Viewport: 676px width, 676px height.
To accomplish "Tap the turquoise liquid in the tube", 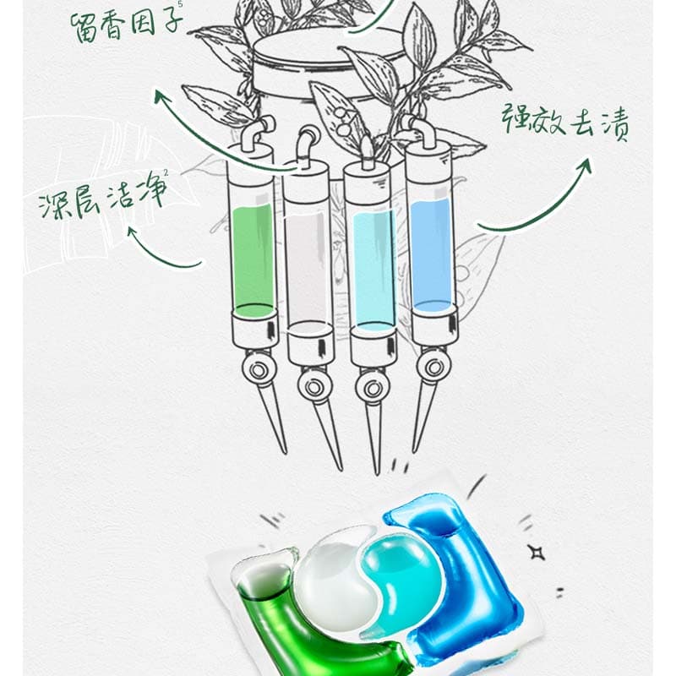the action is (373, 270).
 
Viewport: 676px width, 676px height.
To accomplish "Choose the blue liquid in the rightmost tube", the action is (433, 254).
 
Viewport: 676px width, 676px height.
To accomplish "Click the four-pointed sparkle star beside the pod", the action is (537, 553).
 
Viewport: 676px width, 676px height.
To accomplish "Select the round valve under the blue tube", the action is (433, 367).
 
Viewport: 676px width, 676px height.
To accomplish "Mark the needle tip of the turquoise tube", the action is (377, 473).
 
